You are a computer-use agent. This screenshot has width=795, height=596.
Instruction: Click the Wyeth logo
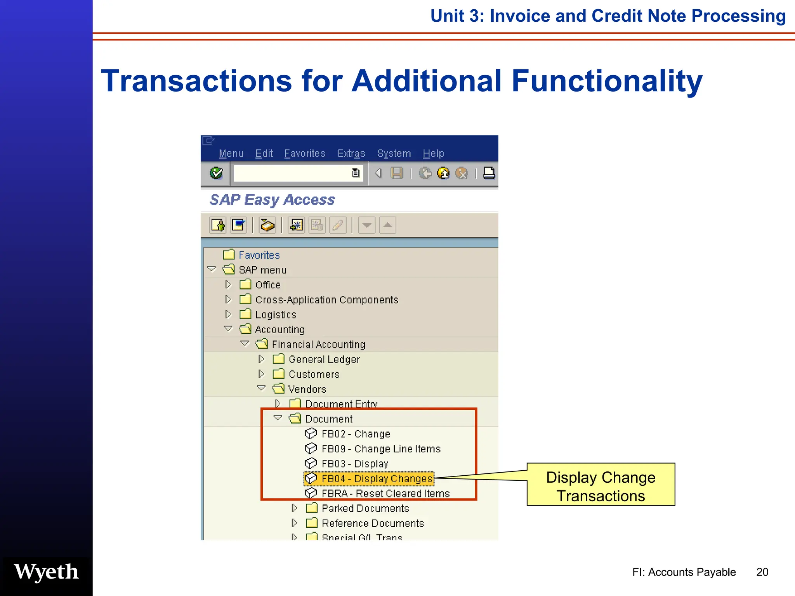click(x=47, y=572)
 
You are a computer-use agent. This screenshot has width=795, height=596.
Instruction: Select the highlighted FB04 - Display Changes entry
click(x=376, y=479)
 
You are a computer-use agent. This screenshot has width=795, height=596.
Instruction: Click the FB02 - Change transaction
click(x=355, y=434)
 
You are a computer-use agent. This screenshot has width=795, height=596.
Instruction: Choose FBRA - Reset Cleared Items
click(x=385, y=494)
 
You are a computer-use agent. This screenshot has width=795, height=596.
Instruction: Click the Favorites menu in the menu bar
click(x=305, y=154)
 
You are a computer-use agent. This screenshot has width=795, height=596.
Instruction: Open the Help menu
click(x=433, y=154)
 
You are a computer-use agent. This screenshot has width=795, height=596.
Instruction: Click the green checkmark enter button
click(x=216, y=173)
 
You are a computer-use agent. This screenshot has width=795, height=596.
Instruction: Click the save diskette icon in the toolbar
click(x=396, y=173)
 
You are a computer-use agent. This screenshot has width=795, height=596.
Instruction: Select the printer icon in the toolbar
click(x=489, y=173)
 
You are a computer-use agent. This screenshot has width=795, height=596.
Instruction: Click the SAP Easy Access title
click(x=272, y=200)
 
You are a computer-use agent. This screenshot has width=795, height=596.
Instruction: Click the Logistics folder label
click(x=276, y=315)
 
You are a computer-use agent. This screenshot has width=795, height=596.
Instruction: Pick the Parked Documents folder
click(x=365, y=509)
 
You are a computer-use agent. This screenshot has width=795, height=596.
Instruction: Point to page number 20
click(x=762, y=572)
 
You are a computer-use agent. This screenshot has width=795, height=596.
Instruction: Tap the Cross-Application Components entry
click(x=326, y=300)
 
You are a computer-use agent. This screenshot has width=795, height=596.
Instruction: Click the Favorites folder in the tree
click(x=259, y=255)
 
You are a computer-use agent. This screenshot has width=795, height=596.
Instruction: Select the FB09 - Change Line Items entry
click(x=380, y=449)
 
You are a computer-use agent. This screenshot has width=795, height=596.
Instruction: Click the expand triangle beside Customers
click(x=261, y=374)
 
